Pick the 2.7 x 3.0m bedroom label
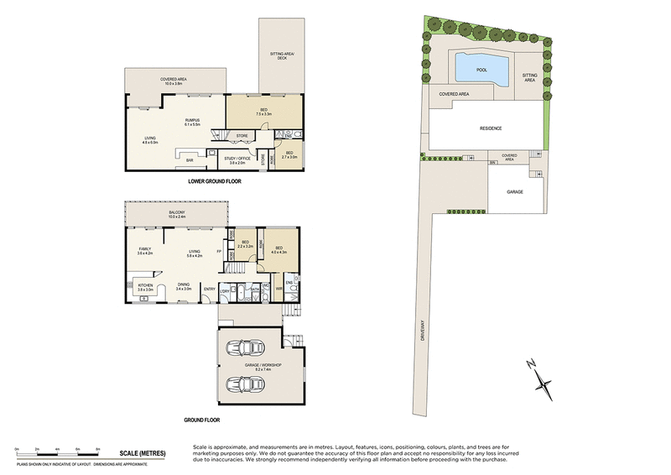[x=289, y=154]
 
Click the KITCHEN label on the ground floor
[x=144, y=287]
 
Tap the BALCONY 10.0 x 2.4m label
[x=177, y=215]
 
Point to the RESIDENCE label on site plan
[x=491, y=128]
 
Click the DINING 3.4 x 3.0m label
[x=183, y=287]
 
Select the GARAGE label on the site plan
[x=514, y=192]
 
